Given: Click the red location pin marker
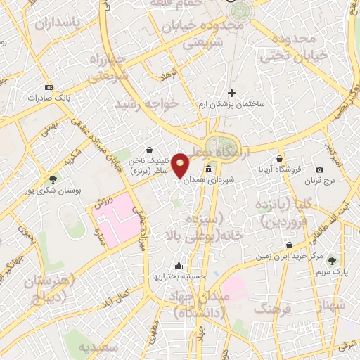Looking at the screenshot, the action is coord(181,165).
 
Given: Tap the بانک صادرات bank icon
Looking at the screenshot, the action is coord(48,87).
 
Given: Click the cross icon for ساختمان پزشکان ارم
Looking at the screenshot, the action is coord(231,93).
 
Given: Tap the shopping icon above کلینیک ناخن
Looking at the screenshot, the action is coord(150,150).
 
